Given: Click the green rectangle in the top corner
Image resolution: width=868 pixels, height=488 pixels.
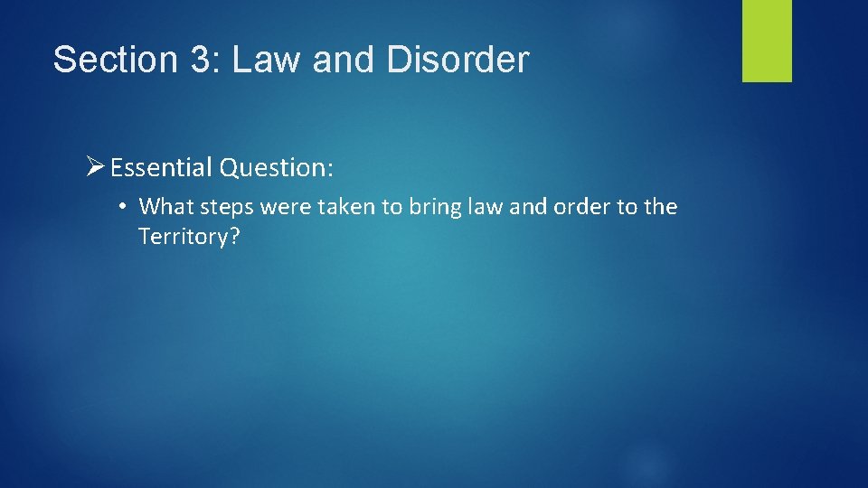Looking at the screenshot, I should click(x=767, y=41).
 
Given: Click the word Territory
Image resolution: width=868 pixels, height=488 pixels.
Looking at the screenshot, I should click(x=181, y=237).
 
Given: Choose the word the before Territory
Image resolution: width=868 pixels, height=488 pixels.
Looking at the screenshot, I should click(x=660, y=207).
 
